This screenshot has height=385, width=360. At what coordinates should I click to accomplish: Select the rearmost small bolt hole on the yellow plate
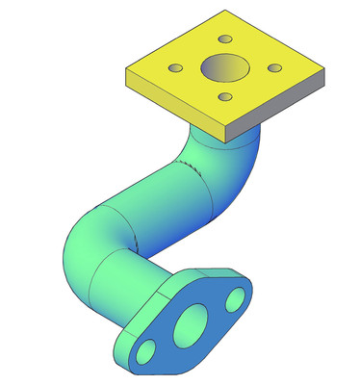pos(225,39)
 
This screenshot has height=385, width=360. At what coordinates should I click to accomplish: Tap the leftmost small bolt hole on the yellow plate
pos(176,68)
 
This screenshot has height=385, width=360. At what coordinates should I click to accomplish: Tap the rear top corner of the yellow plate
pos(226,12)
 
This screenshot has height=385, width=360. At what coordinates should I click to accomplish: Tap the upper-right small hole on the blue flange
pos(234,302)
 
